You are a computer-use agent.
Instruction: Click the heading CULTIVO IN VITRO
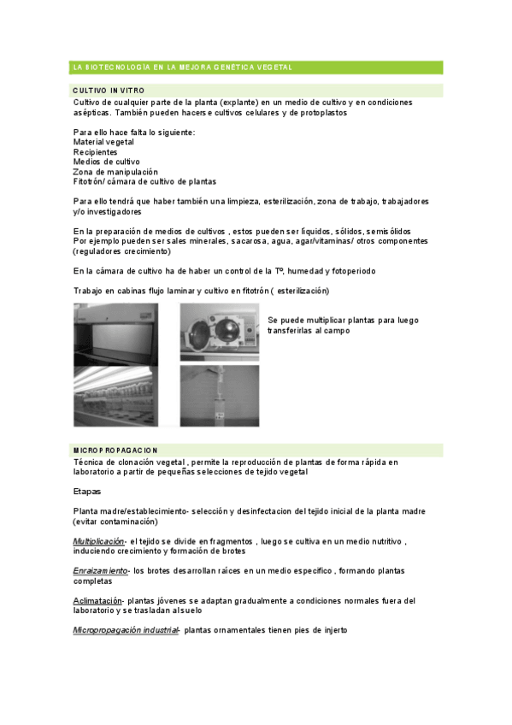point(109,90)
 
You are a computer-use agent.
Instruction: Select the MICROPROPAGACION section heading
point(115,450)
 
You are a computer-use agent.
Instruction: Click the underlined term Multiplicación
point(98,541)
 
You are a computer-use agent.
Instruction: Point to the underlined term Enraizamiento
point(100,569)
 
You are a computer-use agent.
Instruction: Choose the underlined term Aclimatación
point(97,600)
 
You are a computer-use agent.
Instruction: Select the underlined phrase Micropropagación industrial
point(126,630)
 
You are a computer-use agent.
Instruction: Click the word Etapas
point(87,492)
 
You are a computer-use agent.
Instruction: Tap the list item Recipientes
point(95,151)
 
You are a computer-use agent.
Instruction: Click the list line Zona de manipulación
point(115,171)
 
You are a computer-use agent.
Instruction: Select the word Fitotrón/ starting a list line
point(89,181)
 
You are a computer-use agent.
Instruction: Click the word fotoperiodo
point(350,271)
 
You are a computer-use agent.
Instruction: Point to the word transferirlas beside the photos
point(295,330)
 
